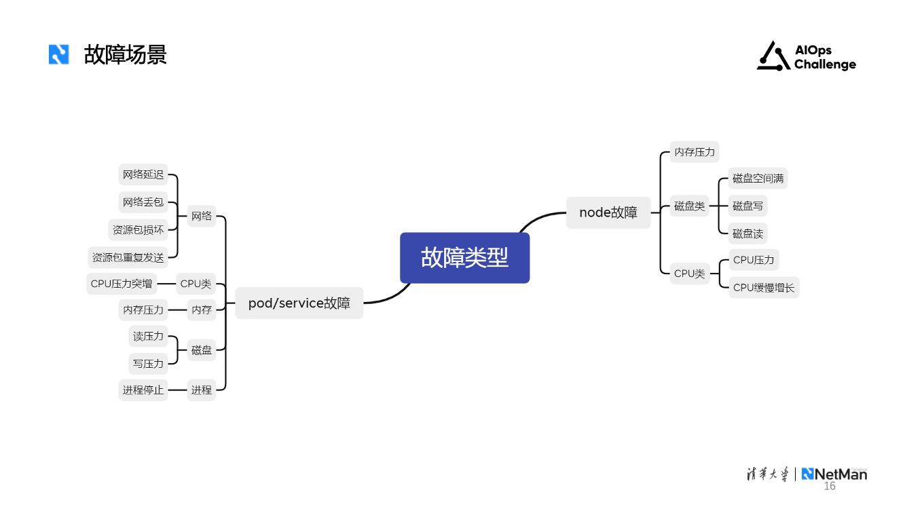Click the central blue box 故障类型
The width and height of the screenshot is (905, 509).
click(464, 258)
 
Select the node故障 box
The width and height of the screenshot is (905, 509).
click(608, 212)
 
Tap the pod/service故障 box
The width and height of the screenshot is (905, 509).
click(299, 303)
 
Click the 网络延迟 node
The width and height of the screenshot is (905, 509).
click(143, 175)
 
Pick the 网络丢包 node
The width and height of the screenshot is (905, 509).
click(143, 202)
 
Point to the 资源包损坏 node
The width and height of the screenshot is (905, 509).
click(138, 230)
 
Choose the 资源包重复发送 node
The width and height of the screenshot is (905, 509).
click(128, 258)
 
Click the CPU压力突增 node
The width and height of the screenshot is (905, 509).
click(122, 284)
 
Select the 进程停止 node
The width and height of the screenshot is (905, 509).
click(143, 390)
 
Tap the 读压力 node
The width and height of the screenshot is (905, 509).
click(148, 336)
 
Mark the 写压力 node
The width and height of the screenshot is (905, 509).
click(148, 364)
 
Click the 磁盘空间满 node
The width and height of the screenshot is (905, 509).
click(758, 178)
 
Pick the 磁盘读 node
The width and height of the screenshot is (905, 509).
click(747, 234)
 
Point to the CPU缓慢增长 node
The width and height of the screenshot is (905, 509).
click(764, 288)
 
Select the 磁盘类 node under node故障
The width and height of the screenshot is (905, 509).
click(689, 206)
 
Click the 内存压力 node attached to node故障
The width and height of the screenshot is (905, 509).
click(694, 152)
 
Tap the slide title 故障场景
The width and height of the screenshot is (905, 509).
click(126, 54)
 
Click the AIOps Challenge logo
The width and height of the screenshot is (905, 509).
click(807, 56)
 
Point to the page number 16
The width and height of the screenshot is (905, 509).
click(830, 487)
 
